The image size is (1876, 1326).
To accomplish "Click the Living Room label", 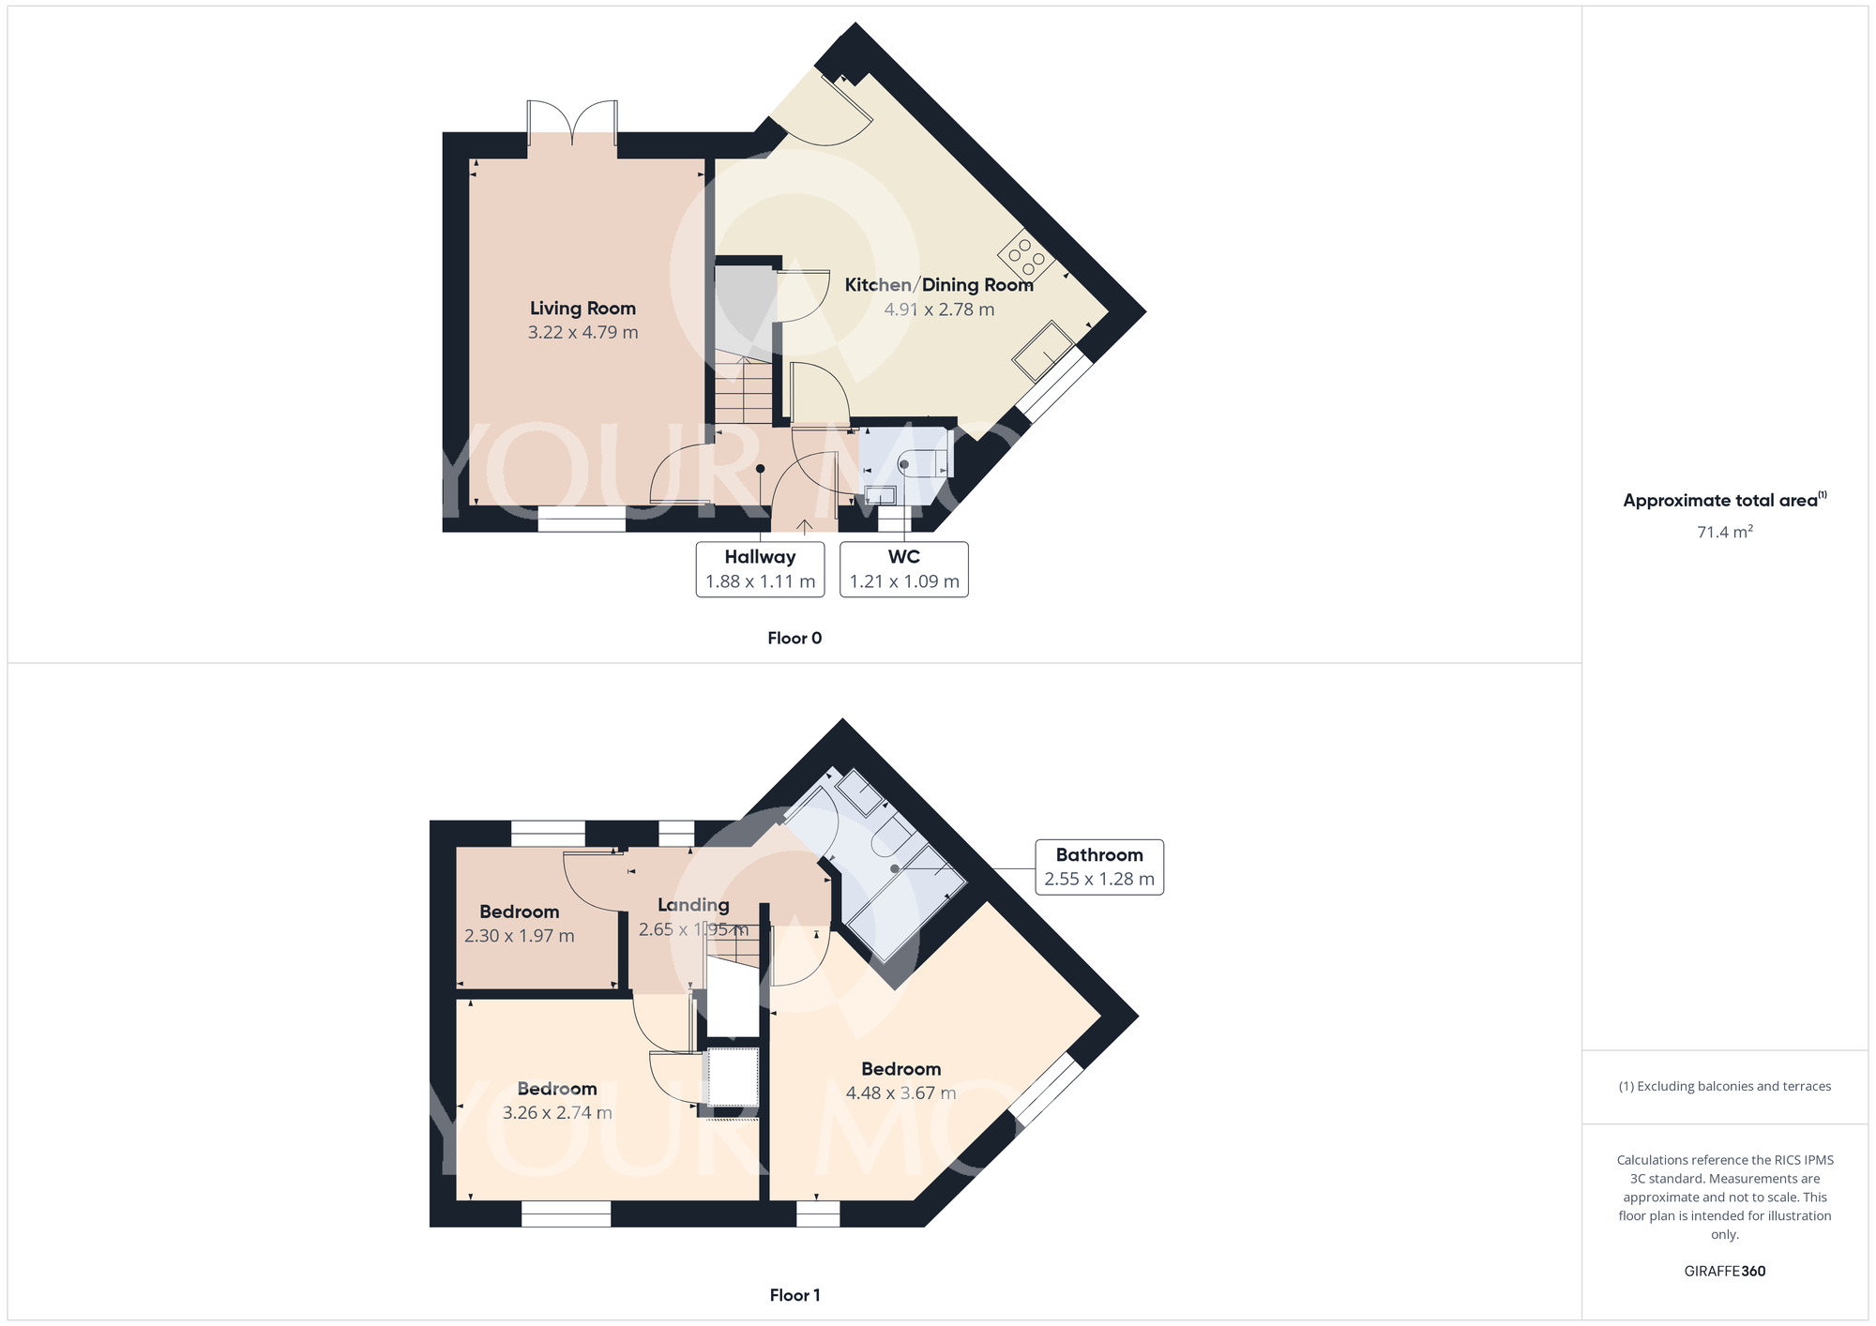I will point(582,309).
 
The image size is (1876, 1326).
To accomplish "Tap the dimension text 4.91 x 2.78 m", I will point(939,309).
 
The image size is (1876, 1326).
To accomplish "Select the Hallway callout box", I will point(760,569).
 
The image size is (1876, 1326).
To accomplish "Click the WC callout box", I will point(904,569).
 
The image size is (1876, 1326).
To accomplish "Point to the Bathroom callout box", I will point(1099,867).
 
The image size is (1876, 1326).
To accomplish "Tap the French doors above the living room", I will point(572,124).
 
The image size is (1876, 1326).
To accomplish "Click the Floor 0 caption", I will point(794,639).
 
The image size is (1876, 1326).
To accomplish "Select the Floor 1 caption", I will point(794,1295).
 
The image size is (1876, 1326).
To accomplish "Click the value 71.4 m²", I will point(1724,532).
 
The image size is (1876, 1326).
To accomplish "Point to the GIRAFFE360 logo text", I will point(1724,1272).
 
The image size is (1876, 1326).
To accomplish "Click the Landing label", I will point(693,905).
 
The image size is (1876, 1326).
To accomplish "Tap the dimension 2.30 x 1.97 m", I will point(519,936).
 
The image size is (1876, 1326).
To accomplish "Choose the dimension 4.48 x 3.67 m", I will point(900,1093).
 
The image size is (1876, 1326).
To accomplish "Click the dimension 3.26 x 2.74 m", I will point(557,1113).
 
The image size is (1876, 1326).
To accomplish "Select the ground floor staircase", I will point(744,389).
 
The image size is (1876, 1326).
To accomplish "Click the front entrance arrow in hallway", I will point(805,526).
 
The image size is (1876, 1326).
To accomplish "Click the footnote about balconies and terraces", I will point(1724,1087).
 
